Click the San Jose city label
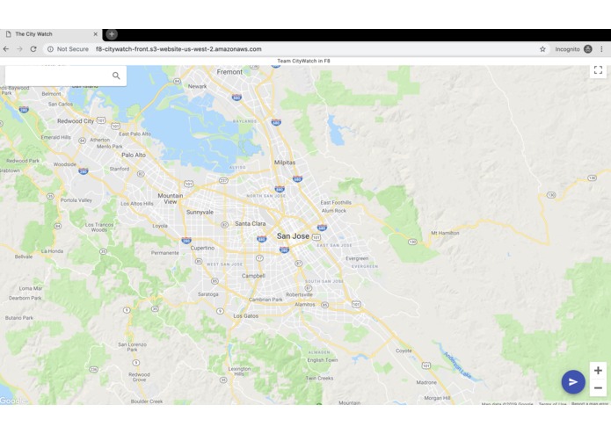tap(293, 236)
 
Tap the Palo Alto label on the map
tap(134, 155)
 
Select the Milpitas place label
tap(285, 163)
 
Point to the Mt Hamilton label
tap(445, 233)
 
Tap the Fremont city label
tap(229, 72)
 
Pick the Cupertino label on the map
tap(202, 249)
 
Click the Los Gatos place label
tap(245, 315)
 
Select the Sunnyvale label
tap(200, 212)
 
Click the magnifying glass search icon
tap(116, 76)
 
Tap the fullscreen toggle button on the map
tap(598, 70)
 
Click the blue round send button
tap(573, 381)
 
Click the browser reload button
tap(33, 49)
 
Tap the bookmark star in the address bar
tap(542, 49)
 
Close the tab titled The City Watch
tap(95, 34)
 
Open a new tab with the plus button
tap(112, 34)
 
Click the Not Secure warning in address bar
tap(69, 49)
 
